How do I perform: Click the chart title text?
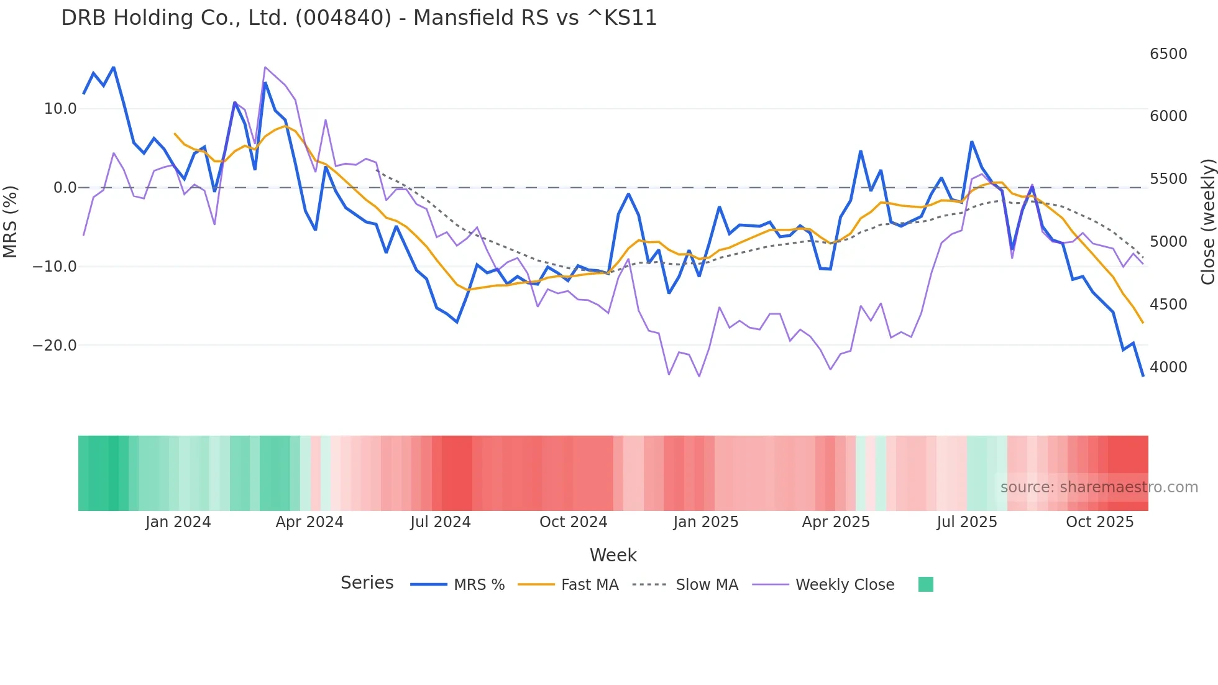click(x=359, y=18)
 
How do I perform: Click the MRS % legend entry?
click(x=478, y=585)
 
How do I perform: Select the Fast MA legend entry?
click(x=589, y=585)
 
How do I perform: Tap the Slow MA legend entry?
click(x=707, y=585)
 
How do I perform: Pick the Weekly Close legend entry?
click(x=845, y=585)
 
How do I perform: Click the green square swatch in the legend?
click(x=925, y=584)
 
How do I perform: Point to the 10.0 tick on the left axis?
click(x=60, y=109)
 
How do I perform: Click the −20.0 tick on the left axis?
click(x=55, y=346)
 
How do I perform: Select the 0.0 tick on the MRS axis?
click(x=65, y=188)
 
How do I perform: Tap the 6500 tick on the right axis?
click(x=1168, y=54)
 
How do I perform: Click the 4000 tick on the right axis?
click(x=1168, y=367)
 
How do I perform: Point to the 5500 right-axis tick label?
click(x=1168, y=179)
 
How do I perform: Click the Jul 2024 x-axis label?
click(x=440, y=522)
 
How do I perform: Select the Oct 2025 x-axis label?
click(x=1099, y=522)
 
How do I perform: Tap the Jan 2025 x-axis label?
click(x=705, y=522)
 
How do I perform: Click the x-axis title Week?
click(x=613, y=555)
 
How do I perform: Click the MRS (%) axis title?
click(x=10, y=221)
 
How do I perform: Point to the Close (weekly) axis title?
click(x=1207, y=221)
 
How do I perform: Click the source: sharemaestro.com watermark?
click(x=1099, y=487)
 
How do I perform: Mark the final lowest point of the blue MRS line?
click(x=1142, y=375)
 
